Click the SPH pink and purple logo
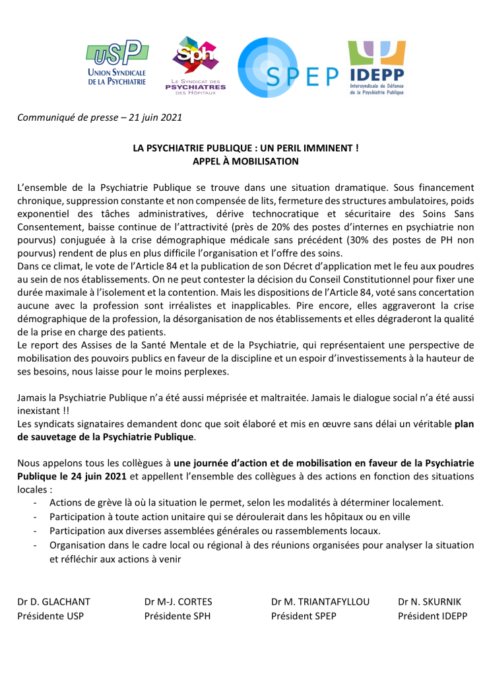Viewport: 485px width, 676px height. (195, 65)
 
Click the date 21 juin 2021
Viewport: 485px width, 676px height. (157, 118)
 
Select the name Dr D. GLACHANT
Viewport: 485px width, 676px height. (54, 602)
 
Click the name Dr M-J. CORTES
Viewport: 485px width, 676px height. (178, 602)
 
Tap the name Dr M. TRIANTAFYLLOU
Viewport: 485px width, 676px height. (320, 602)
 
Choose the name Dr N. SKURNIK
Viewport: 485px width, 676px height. (430, 602)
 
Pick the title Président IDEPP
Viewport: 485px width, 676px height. (432, 617)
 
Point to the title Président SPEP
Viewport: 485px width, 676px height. (304, 617)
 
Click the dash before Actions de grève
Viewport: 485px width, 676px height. (34, 502)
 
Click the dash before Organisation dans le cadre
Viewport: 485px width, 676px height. (34, 545)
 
